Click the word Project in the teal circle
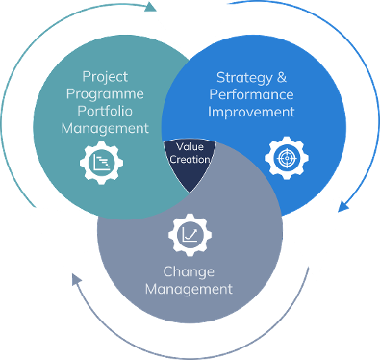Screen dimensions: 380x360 pos(105,77)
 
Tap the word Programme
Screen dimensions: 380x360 pos(105,94)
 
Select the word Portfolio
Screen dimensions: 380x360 pos(105,111)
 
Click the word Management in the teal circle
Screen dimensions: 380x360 pos(105,128)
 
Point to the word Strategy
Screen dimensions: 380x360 pos(244,78)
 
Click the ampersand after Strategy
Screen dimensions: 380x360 pos(282,77)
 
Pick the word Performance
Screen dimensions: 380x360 pos(251,94)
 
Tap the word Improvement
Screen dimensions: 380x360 pos(251,112)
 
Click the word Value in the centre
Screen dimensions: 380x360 pos(190,146)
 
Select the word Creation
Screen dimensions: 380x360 pos(190,159)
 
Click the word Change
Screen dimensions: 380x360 pos(189,272)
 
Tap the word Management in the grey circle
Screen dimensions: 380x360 pos(189,289)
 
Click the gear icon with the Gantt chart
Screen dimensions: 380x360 pos(101,163)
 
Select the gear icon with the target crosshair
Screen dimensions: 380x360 pos(287,158)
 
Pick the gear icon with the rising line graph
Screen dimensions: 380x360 pos(190,235)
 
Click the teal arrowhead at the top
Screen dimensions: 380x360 pos(150,7)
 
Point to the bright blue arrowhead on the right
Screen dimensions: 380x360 pos(343,206)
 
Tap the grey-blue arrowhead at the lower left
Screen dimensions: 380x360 pos(76,280)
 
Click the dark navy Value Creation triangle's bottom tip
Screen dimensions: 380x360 pos(190,193)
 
